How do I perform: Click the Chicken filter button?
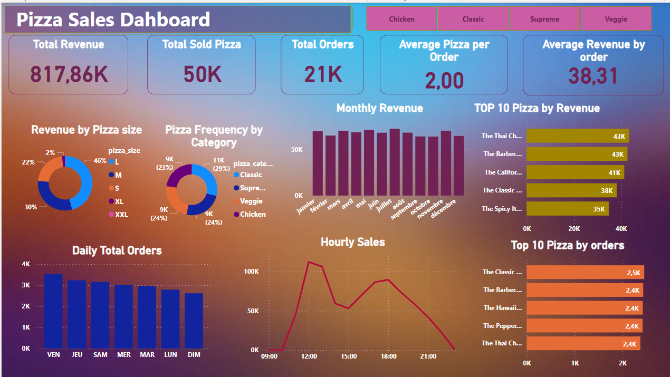point(401,19)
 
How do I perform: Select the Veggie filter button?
point(616,19)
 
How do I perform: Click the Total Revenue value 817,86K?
point(69,75)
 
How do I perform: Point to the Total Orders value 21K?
point(323,75)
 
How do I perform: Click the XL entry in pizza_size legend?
point(119,201)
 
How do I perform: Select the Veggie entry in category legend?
point(251,201)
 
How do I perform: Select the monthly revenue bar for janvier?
point(318,163)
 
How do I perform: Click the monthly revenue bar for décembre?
point(458,166)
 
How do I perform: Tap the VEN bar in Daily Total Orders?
point(53,311)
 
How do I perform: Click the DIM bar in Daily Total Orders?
point(194,321)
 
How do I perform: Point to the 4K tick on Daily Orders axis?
point(26,264)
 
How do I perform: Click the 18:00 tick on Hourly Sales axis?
point(388,356)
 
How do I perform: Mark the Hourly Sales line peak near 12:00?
point(309,262)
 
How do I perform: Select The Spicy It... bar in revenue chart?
point(568,209)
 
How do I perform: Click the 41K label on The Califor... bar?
point(615,172)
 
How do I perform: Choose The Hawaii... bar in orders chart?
point(585,308)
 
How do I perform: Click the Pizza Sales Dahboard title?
point(113,20)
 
